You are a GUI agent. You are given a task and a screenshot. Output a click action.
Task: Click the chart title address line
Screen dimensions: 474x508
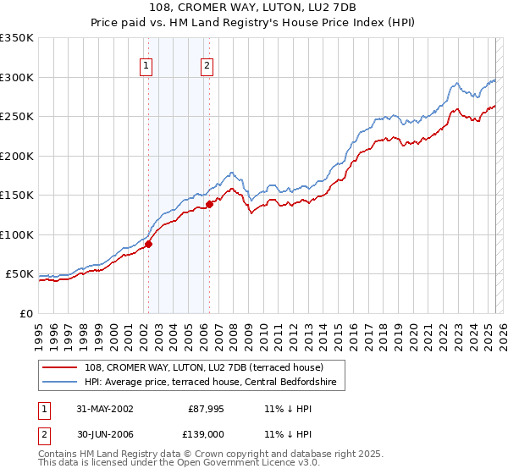click(x=254, y=8)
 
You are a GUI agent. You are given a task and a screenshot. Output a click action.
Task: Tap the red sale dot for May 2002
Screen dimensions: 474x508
click(x=148, y=244)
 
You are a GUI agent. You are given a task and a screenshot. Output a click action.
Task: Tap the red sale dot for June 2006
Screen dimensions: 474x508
click(x=209, y=204)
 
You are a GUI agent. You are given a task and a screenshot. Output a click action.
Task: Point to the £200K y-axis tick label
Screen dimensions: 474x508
click(x=17, y=156)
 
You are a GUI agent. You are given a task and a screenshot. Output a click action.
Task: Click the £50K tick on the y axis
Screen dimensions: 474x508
click(x=19, y=274)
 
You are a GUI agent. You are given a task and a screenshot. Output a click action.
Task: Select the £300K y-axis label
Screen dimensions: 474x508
click(x=17, y=77)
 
